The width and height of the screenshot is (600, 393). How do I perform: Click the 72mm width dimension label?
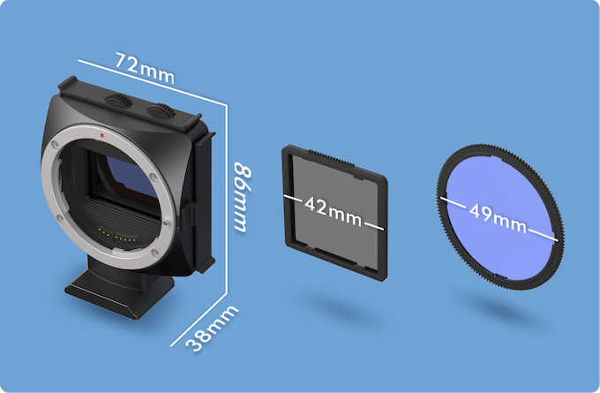[145, 68]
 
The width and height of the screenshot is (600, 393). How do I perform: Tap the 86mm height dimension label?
[243, 197]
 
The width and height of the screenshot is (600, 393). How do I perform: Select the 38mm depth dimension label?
[212, 328]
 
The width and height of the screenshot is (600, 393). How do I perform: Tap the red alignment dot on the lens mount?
[101, 135]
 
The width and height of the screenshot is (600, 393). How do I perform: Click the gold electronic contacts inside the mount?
[116, 235]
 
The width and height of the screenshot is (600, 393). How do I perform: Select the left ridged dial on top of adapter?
[118, 100]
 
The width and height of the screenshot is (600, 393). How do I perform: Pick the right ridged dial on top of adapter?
[161, 110]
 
